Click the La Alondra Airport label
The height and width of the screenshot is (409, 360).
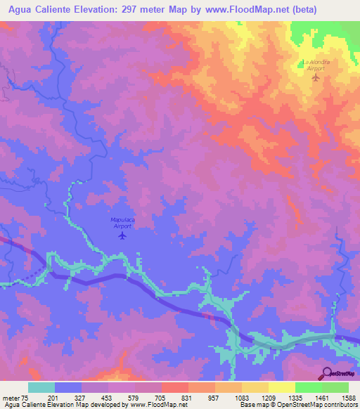(316, 65)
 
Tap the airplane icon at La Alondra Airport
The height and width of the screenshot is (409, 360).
(315, 77)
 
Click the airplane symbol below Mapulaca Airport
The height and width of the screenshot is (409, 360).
(122, 235)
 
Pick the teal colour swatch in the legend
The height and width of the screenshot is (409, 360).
(41, 387)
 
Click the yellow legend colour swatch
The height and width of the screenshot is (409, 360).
(281, 387)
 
